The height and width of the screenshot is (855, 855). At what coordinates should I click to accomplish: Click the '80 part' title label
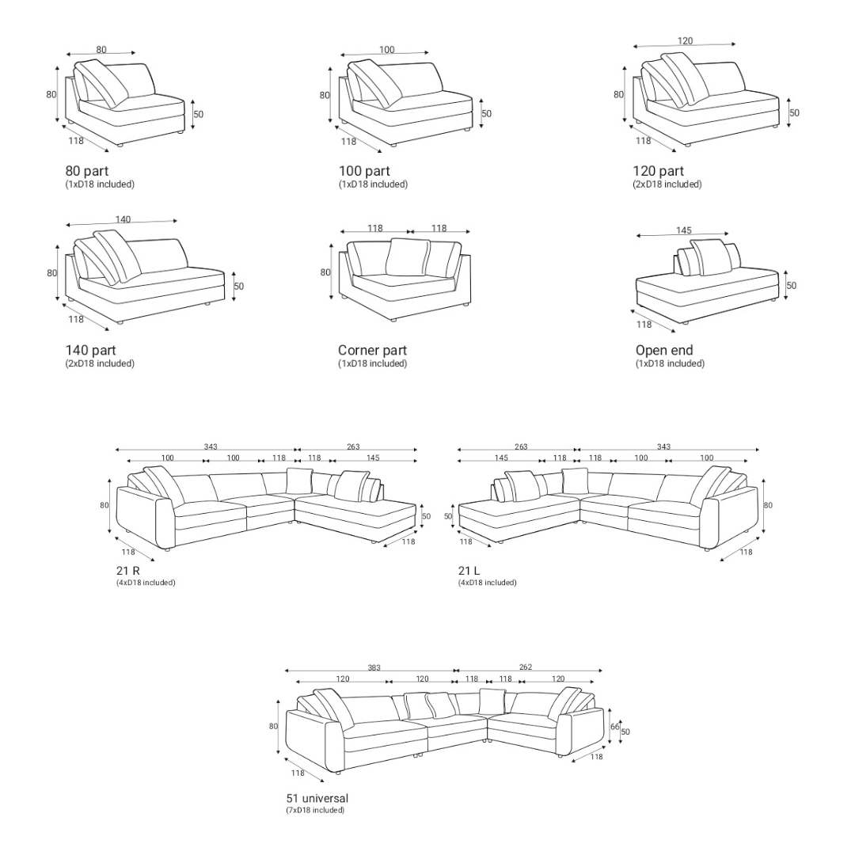[x=87, y=171]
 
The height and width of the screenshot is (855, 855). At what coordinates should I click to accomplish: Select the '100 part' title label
[x=364, y=171]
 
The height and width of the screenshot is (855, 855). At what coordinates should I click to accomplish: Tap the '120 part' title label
[x=658, y=171]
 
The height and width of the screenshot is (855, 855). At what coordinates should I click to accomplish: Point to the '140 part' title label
[x=90, y=350]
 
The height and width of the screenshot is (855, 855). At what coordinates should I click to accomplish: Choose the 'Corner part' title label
[x=372, y=350]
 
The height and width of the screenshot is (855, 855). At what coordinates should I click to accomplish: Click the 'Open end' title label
[x=664, y=350]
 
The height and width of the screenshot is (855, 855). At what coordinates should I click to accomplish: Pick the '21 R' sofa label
[x=128, y=570]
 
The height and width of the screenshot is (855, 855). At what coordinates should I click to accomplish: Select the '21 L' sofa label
[x=469, y=570]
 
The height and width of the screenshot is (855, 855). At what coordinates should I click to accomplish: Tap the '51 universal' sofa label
[x=317, y=798]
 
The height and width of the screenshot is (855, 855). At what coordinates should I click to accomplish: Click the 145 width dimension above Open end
[x=684, y=230]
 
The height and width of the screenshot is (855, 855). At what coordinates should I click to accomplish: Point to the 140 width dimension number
[x=123, y=219]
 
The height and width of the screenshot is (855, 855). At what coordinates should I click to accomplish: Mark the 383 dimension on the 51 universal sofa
[x=374, y=667]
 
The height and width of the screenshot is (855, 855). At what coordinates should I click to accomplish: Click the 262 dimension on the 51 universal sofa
[x=526, y=667]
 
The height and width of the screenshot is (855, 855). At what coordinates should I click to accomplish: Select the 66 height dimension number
[x=615, y=727]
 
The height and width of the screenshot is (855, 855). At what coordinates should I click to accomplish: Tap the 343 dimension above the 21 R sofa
[x=211, y=446]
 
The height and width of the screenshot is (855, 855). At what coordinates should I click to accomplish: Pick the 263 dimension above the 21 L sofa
[x=521, y=446]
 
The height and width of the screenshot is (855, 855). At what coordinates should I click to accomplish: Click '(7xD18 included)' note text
[x=315, y=811]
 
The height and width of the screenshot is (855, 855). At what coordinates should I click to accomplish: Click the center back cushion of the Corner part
[x=405, y=256]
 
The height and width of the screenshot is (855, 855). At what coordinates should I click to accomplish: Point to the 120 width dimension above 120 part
[x=686, y=41]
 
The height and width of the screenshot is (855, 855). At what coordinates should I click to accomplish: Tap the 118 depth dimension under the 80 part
[x=76, y=141]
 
